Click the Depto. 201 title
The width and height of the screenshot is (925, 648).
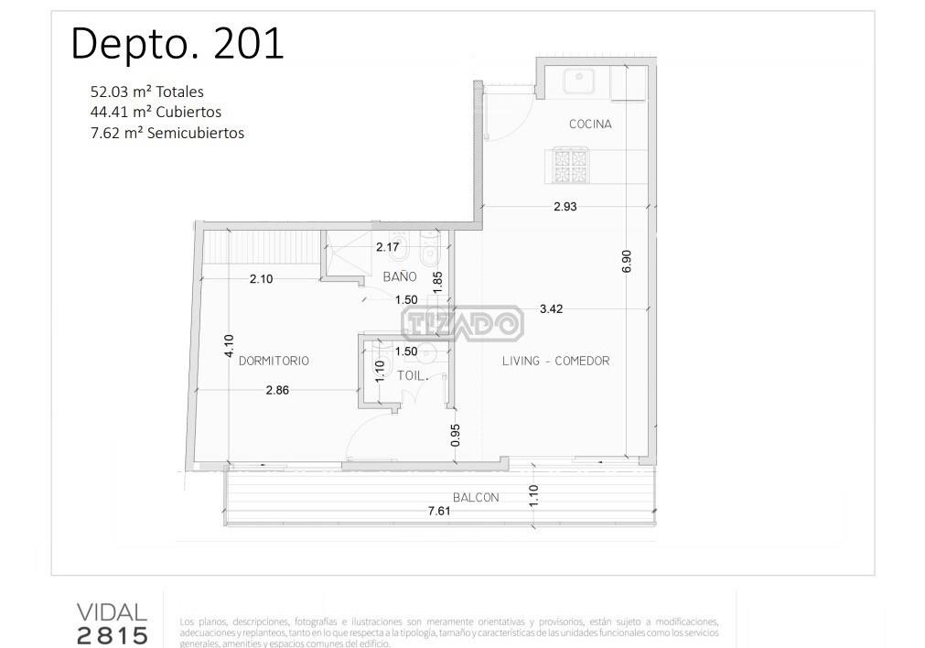tap(177, 44)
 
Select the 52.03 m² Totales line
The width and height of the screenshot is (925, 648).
tap(147, 92)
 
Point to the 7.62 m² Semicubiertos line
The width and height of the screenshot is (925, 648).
tap(167, 133)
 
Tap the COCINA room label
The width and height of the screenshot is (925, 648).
tap(590, 124)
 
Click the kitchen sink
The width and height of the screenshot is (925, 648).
tap(579, 81)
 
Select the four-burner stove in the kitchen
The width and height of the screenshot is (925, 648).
tap(570, 166)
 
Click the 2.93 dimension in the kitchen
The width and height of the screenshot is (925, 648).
tap(565, 207)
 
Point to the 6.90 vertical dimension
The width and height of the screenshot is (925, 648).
tap(627, 261)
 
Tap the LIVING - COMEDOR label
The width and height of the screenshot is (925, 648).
tap(555, 361)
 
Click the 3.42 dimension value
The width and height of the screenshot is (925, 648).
tap(551, 308)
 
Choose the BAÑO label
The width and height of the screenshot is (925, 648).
tap(400, 276)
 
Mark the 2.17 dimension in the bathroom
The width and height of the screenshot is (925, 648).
tap(388, 247)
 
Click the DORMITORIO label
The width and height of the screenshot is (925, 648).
tap(274, 361)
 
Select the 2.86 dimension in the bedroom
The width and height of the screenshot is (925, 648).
tap(277, 390)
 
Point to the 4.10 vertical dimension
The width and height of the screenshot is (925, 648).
tap(229, 346)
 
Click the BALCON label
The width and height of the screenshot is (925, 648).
tap(476, 498)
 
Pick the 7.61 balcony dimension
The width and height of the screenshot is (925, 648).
tap(439, 511)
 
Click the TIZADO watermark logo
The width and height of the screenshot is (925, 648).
tap(463, 323)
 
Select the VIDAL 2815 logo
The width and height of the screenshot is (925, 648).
tap(113, 624)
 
